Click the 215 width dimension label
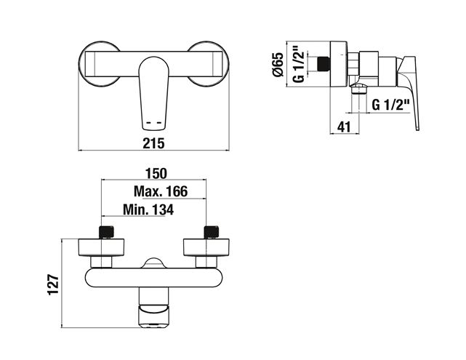click(x=153, y=143)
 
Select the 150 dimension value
click(x=156, y=173)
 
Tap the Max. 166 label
click(x=161, y=191)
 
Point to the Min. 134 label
click(x=148, y=209)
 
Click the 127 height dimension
click(x=54, y=284)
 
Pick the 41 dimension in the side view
click(x=344, y=127)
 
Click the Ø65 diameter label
click(x=278, y=65)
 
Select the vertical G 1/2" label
click(x=299, y=63)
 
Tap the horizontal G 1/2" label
click(x=391, y=105)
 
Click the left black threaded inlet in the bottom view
click(x=106, y=232)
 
